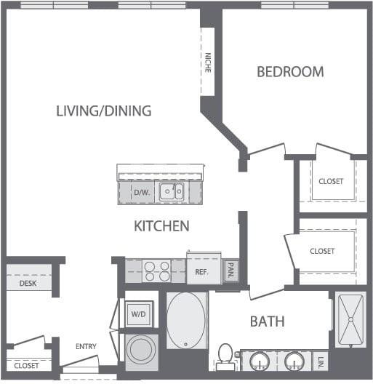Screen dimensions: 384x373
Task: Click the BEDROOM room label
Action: tap(290, 71)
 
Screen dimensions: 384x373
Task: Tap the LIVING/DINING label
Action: tap(104, 111)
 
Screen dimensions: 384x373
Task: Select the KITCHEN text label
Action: tap(161, 225)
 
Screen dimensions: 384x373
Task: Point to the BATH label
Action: tap(267, 321)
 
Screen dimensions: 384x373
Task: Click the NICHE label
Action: tap(207, 63)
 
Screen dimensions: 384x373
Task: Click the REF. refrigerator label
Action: tap(201, 272)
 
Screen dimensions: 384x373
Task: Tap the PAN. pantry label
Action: tap(230, 271)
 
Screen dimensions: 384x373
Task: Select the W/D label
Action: tap(138, 314)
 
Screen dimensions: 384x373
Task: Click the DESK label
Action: tap(28, 284)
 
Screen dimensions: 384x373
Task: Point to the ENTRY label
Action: tap(87, 346)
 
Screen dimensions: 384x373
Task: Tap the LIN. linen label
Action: tap(321, 360)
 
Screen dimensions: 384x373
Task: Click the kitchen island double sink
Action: tap(172, 192)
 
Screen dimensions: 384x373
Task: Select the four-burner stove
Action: tap(157, 271)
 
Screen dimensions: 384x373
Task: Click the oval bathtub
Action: tap(186, 321)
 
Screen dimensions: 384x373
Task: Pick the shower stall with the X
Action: tap(350, 320)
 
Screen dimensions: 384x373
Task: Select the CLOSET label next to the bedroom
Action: tap(332, 181)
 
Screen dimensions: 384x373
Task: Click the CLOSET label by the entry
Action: tap(27, 365)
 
